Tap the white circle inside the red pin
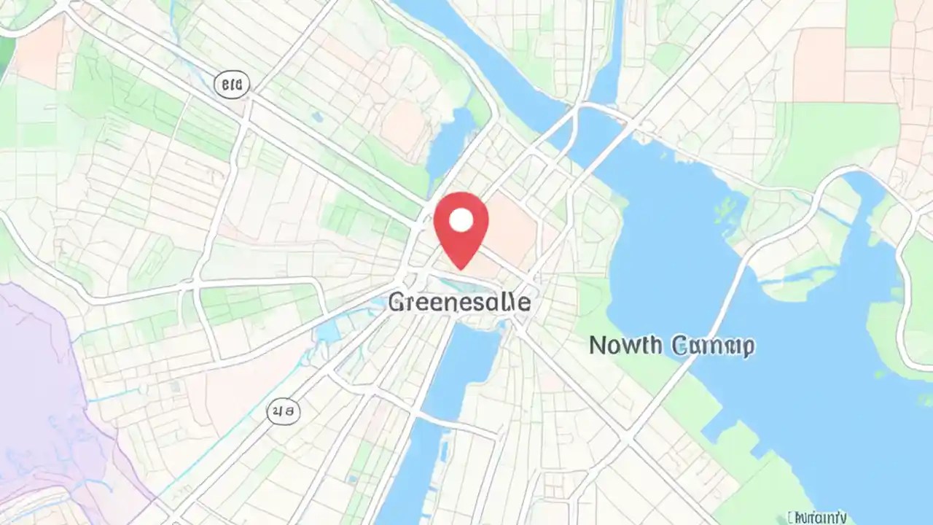coord(461,219)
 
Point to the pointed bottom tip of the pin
coord(461,268)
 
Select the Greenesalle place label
coord(459,303)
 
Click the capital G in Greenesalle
coord(397,303)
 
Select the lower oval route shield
coord(283,413)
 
